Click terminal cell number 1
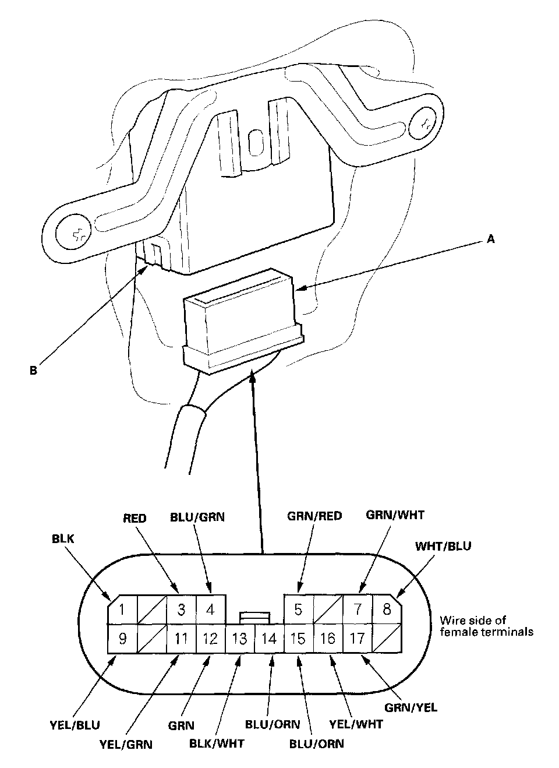click(x=122, y=610)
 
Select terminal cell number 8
click(x=387, y=610)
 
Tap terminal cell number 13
click(x=239, y=639)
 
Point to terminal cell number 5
click(x=298, y=610)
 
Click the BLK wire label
click(x=63, y=539)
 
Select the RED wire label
click(x=135, y=517)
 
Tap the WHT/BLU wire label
click(x=443, y=547)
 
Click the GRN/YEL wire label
click(x=411, y=707)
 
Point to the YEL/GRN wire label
click(x=126, y=744)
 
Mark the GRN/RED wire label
click(x=314, y=516)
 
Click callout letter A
click(x=490, y=239)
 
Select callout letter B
click(x=33, y=370)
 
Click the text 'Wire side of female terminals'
click(x=486, y=626)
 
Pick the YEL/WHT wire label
click(x=356, y=724)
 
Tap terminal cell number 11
click(x=181, y=639)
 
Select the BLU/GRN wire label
click(x=197, y=517)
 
